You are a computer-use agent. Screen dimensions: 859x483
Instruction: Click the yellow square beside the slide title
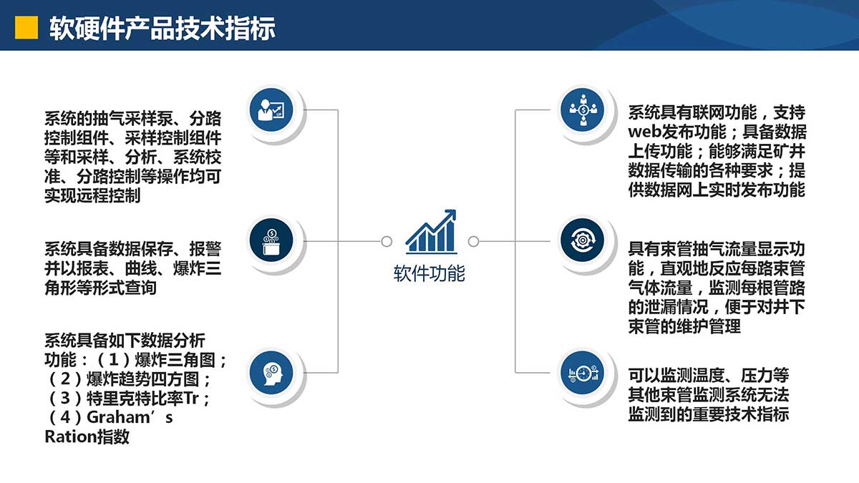[x=26, y=28]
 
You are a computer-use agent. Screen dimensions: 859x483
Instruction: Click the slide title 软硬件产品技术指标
[x=162, y=29]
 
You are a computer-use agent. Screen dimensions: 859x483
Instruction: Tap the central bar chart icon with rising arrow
[x=431, y=232]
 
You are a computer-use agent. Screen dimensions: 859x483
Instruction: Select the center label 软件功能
[x=429, y=273]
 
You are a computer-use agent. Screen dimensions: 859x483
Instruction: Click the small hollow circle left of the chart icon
[x=387, y=242]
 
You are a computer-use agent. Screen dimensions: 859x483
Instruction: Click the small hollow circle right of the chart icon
[x=474, y=242]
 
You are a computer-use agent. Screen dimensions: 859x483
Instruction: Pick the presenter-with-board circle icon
[x=271, y=109]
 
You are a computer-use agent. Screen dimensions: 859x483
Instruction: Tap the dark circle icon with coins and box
[x=271, y=240]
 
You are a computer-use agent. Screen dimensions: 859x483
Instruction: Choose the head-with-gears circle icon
[x=271, y=373]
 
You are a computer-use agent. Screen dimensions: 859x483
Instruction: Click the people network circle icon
[x=583, y=109]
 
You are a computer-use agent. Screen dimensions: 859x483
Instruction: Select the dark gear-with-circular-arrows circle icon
[x=583, y=240]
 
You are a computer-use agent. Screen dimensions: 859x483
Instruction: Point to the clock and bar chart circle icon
[x=583, y=373]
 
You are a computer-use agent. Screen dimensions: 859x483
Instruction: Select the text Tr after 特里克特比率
[x=191, y=399]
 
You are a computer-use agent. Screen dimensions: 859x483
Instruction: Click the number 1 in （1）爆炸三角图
[x=114, y=360]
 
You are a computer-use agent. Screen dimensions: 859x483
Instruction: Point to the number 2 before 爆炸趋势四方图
[x=65, y=379]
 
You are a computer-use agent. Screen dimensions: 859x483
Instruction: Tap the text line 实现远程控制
[x=92, y=195]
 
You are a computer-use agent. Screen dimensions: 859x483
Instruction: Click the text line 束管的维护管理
[x=684, y=326]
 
